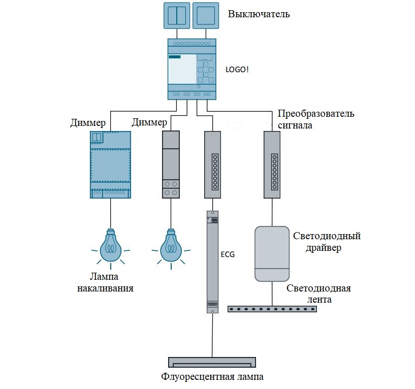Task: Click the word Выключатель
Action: (x=259, y=14)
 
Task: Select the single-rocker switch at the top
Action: (x=206, y=15)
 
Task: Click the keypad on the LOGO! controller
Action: (x=206, y=70)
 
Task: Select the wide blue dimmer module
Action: (x=110, y=165)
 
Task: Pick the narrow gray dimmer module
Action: (x=171, y=165)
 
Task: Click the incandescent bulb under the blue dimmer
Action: (x=111, y=246)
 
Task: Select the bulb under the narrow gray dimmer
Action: (x=171, y=246)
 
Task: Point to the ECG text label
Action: (x=228, y=254)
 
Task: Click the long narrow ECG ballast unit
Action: (x=212, y=262)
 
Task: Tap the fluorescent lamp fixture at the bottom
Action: (x=212, y=362)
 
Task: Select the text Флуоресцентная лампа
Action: (x=212, y=377)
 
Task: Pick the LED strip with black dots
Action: (x=272, y=308)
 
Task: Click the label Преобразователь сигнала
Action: (x=315, y=118)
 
